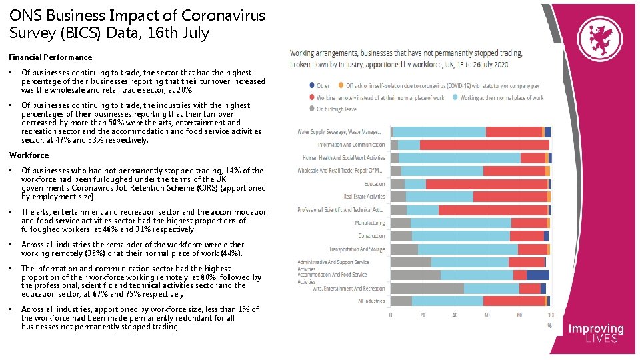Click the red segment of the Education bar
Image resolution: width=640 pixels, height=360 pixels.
pos(487,184)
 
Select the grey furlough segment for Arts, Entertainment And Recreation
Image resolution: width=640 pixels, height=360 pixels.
pos(427,289)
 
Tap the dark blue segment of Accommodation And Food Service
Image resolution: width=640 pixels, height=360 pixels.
pos(538,275)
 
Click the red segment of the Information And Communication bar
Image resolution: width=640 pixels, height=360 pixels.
pos(485,145)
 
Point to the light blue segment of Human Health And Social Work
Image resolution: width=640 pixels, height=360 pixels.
pos(459,158)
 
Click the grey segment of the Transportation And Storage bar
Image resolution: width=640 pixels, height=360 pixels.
pos(404,249)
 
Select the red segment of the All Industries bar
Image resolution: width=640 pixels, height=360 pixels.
pos(514,301)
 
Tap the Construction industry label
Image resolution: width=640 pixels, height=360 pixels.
pos(371,236)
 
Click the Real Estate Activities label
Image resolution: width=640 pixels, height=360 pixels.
pos(364,197)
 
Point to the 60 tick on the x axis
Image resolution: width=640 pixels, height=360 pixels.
pos(487,315)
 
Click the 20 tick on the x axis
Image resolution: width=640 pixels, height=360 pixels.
pos(423,315)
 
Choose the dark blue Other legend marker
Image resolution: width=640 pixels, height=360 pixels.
pos(311,86)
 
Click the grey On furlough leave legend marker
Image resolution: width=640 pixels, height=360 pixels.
pos(311,109)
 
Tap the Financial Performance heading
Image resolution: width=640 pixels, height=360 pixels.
pos(51,57)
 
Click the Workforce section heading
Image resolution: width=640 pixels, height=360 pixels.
pos(29,155)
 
